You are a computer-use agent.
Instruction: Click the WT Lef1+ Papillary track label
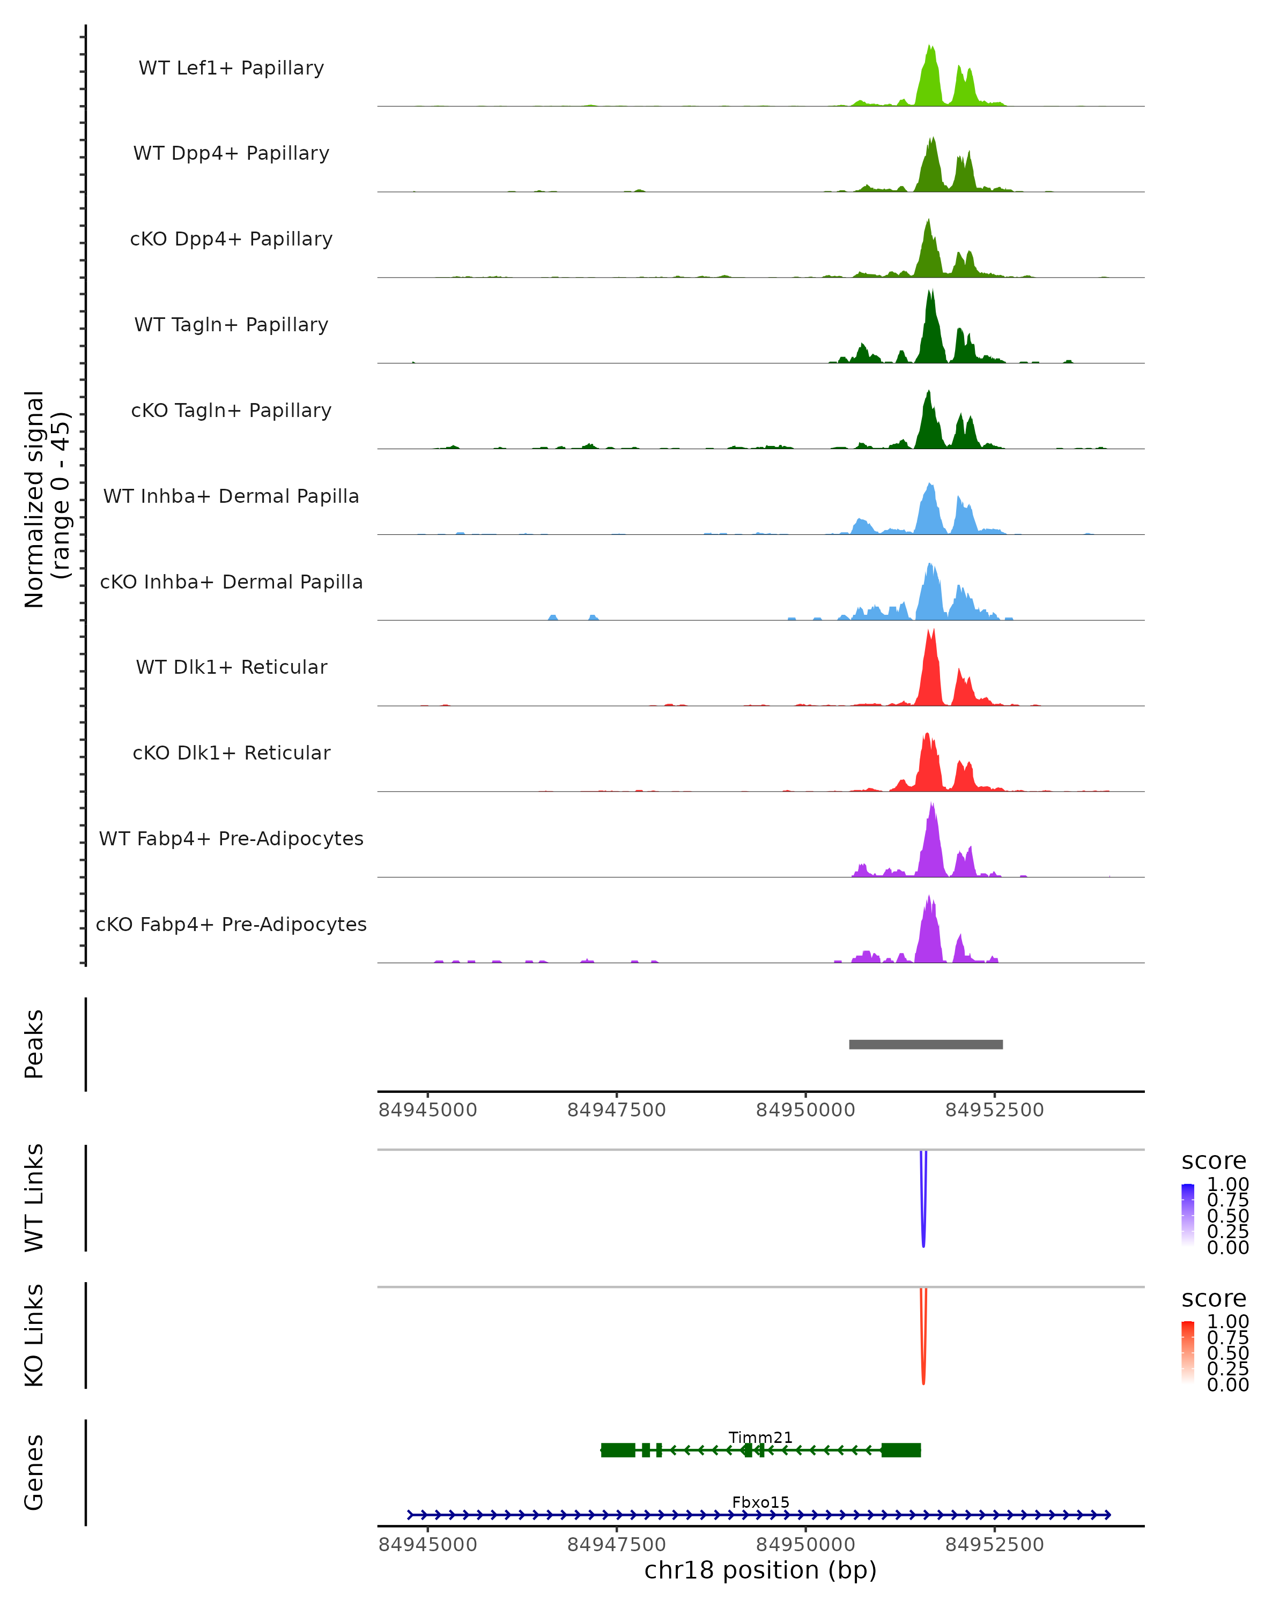click(231, 68)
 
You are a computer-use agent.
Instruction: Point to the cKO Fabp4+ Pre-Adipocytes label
click(231, 924)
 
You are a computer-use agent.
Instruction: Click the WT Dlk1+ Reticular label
click(231, 667)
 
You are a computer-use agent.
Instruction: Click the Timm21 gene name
click(760, 1437)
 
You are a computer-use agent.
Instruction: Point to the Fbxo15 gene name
click(760, 1502)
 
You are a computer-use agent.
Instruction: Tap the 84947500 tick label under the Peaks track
click(616, 1110)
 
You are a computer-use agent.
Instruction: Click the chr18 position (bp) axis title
click(760, 1570)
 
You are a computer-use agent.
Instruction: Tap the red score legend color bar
click(1188, 1352)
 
